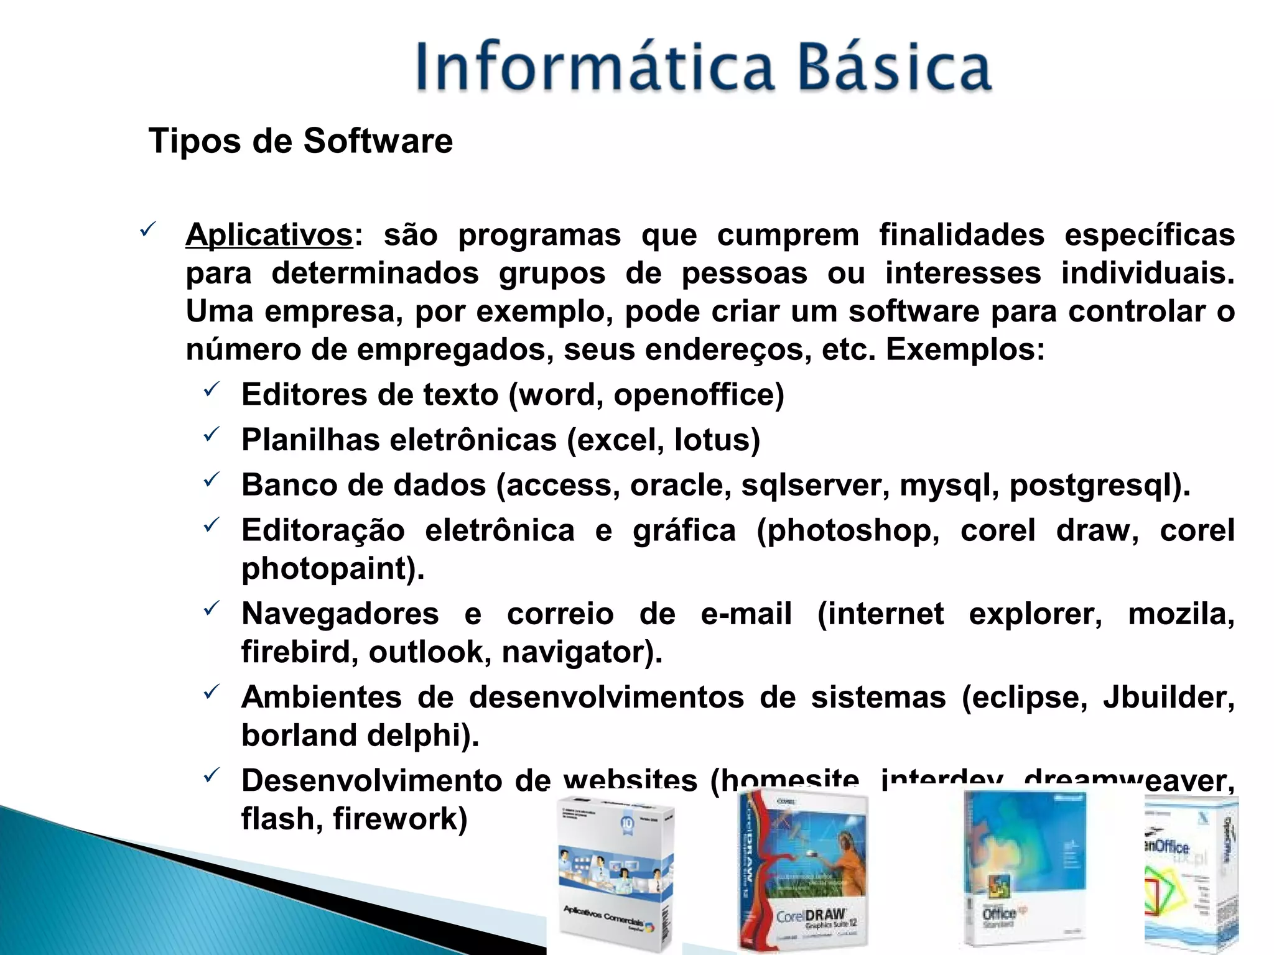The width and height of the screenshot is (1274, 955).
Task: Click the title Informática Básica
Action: click(703, 67)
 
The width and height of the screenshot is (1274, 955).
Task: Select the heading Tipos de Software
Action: click(300, 141)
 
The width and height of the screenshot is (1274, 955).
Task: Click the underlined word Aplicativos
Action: click(269, 235)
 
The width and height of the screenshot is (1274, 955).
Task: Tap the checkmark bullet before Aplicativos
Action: click(147, 231)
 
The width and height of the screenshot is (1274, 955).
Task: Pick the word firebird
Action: click(297, 652)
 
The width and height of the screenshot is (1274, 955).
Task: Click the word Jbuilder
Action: click(1167, 698)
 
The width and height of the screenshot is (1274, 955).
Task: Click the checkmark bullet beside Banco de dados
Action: click(212, 480)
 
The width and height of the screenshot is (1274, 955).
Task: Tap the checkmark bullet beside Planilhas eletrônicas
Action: click(212, 435)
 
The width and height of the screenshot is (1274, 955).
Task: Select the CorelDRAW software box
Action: click(802, 870)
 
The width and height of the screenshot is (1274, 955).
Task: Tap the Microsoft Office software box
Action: click(1025, 870)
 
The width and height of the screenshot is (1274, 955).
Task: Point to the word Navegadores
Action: click(340, 614)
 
